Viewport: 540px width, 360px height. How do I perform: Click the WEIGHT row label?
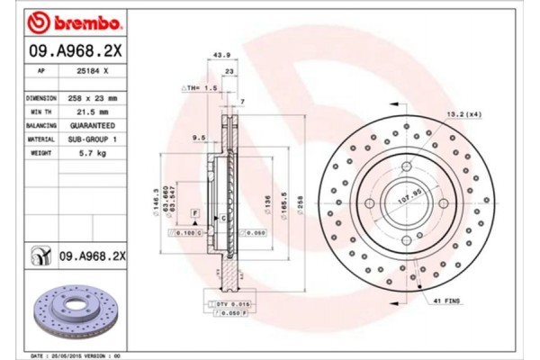(x=40, y=155)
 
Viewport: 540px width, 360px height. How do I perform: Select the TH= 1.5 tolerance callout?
(x=202, y=89)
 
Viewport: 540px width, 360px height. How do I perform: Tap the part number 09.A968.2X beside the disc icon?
(x=94, y=256)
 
